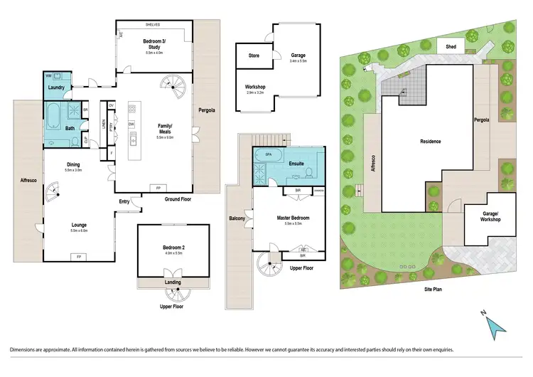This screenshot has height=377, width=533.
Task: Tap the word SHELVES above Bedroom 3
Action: click(154, 24)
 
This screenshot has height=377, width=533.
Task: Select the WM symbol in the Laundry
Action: click(48, 75)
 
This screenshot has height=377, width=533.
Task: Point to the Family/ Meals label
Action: click(166, 128)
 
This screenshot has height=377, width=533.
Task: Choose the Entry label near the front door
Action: click(124, 201)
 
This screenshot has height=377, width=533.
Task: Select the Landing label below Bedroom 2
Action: click(173, 282)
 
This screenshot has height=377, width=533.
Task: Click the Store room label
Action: click(254, 55)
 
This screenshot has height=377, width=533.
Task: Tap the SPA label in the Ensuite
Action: click(269, 154)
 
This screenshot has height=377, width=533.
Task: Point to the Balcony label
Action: click(237, 218)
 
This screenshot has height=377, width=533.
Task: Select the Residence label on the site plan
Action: click(430, 142)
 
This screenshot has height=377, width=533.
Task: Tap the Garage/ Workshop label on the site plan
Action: click(490, 216)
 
